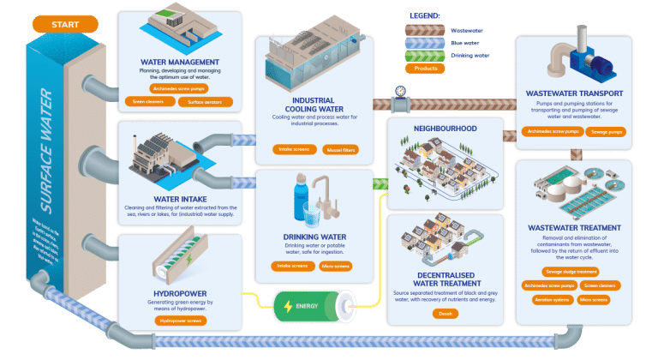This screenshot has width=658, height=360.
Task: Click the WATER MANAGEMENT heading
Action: [180, 63]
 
